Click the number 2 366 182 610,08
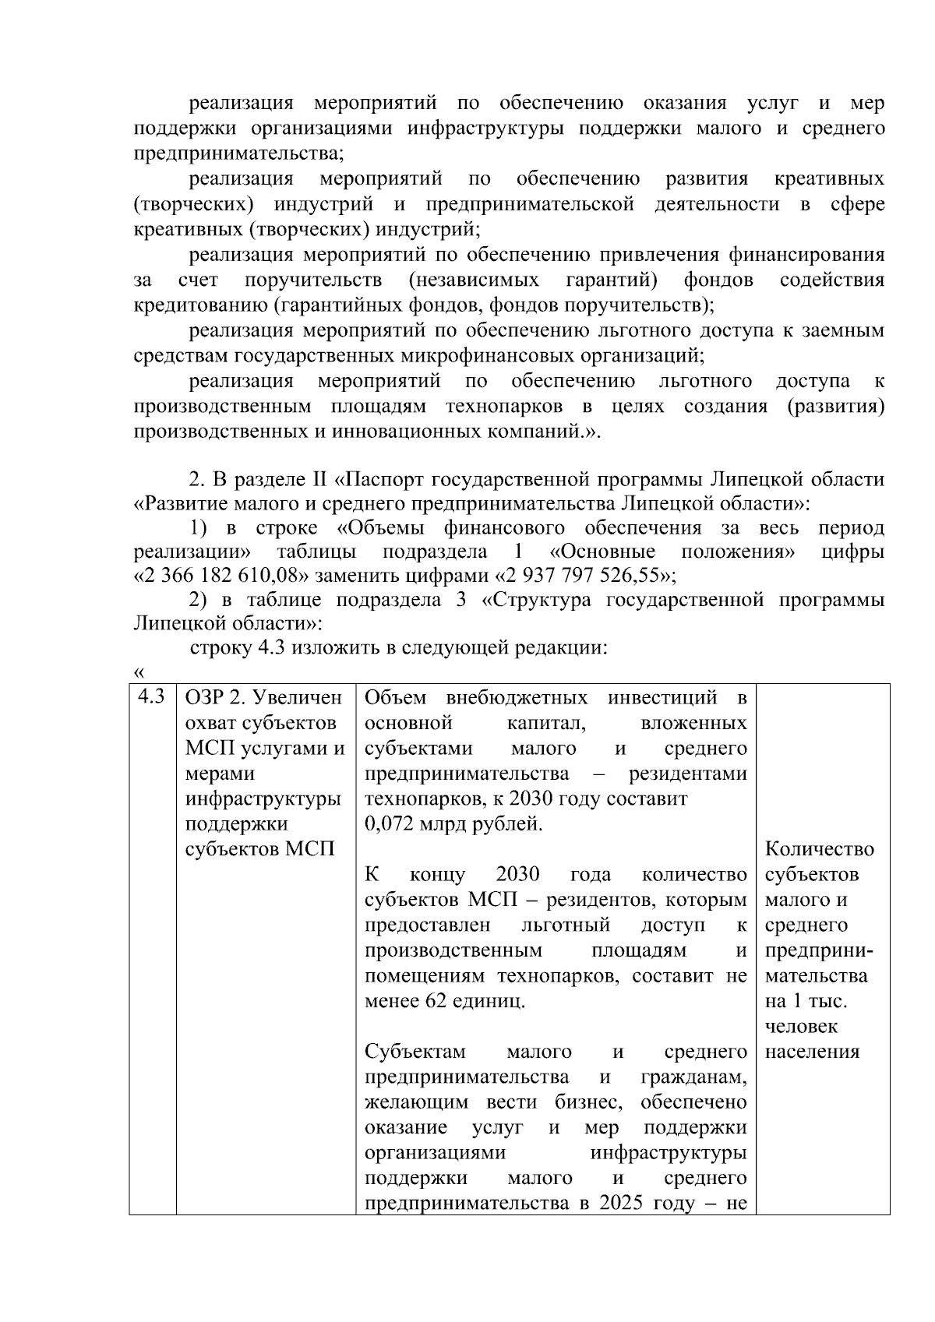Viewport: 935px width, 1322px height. point(226,577)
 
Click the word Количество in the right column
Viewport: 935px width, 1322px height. point(820,849)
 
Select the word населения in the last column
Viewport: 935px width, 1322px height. point(812,1052)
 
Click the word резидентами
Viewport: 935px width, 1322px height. point(693,774)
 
